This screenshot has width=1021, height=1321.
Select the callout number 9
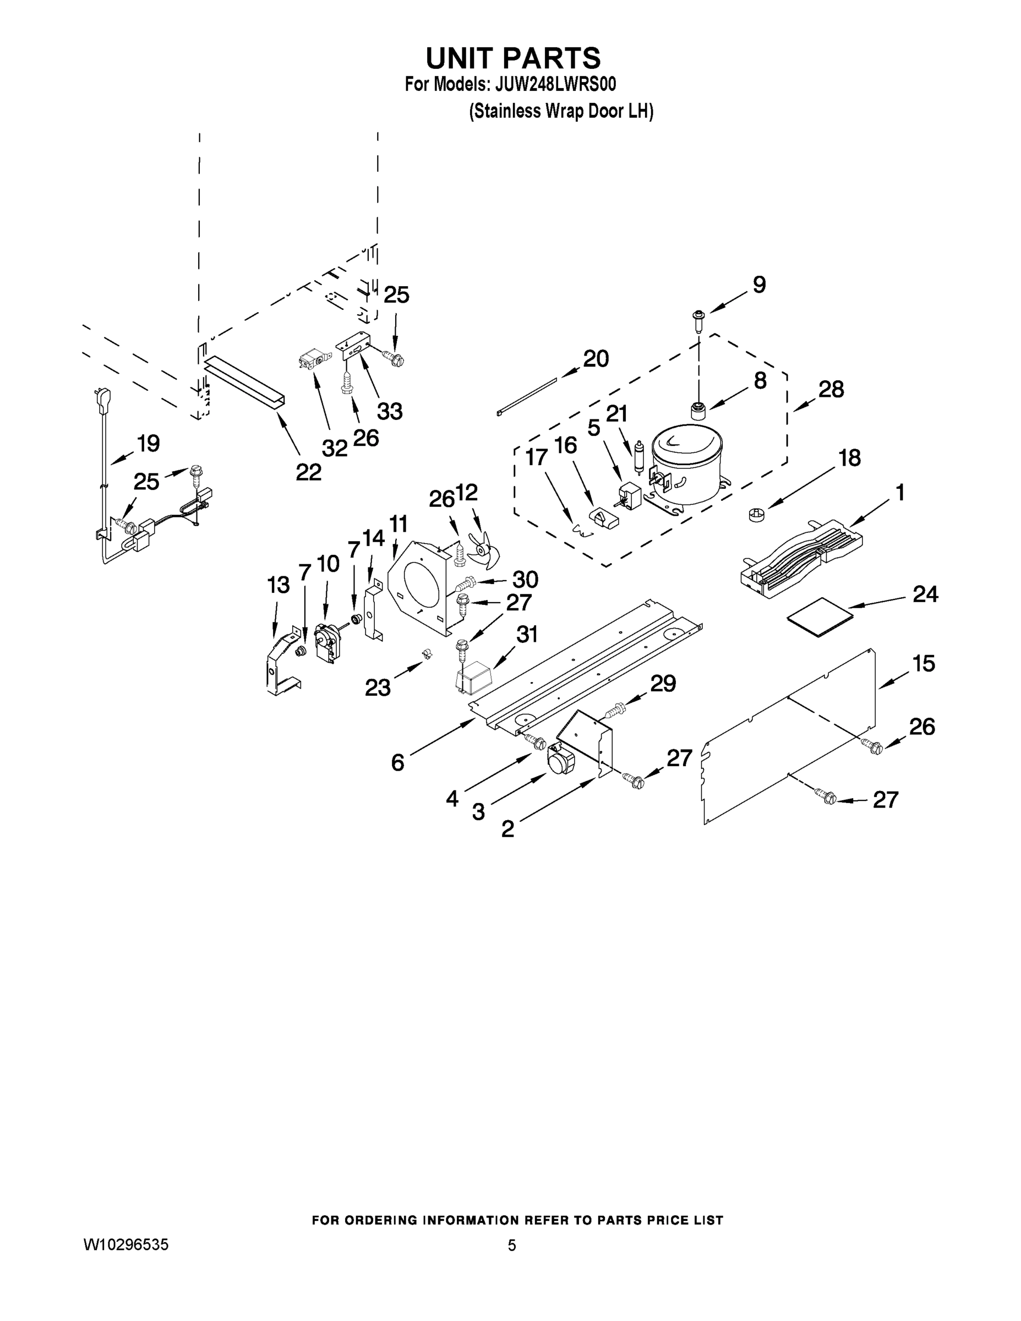click(759, 284)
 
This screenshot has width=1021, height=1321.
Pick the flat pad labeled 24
click(820, 617)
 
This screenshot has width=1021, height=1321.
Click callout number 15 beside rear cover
click(924, 663)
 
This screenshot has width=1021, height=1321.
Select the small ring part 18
click(757, 515)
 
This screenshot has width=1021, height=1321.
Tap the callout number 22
click(308, 472)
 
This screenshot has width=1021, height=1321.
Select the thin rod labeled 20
click(527, 396)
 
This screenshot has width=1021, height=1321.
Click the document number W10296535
click(126, 1245)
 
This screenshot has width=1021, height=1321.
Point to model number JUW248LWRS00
click(555, 85)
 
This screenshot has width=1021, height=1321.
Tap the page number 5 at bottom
click(512, 1246)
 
